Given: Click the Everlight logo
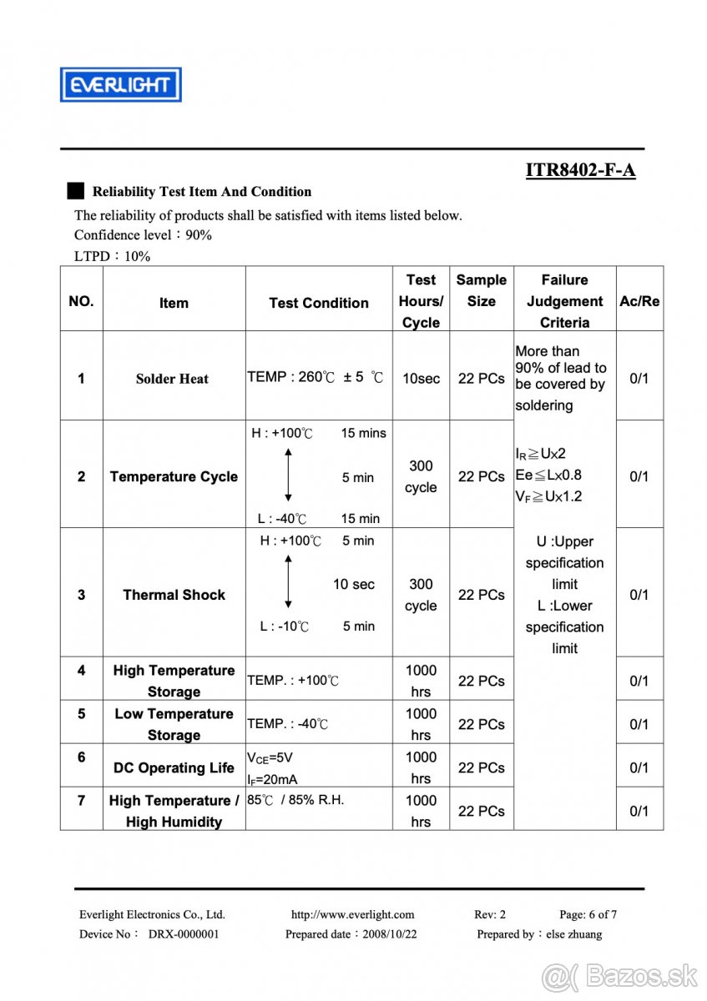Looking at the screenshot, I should (120, 84).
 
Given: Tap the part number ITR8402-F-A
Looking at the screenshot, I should (580, 170).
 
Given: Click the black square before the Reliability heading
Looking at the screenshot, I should (76, 191).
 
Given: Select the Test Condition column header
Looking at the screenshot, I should (318, 303).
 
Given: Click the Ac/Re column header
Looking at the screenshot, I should (639, 301).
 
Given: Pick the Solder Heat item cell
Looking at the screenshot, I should (173, 379).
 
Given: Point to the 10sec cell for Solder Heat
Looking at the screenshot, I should (421, 378).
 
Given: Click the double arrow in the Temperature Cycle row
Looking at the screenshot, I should (288, 475).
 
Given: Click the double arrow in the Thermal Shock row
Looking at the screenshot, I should (288, 582).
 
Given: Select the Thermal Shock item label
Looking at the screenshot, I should (174, 595).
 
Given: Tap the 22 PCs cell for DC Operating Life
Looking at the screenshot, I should (481, 767).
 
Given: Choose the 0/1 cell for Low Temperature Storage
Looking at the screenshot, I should (639, 724).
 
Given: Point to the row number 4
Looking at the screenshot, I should (81, 670).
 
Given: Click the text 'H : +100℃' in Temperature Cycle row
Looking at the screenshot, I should (282, 433).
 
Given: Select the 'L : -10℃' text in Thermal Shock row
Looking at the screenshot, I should (284, 626).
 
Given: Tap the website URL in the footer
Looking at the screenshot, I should (352, 914).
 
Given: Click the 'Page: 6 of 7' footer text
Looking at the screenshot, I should (588, 914).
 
